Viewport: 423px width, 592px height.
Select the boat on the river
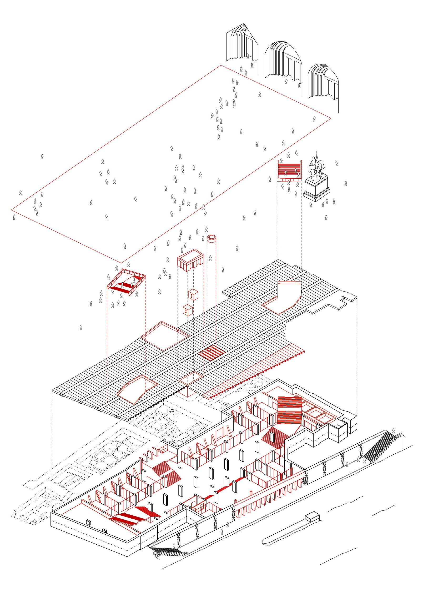click(291, 529)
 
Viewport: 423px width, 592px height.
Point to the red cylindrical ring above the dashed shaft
click(211, 238)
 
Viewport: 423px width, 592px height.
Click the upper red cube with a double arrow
click(193, 295)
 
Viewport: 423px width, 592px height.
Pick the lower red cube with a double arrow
click(187, 310)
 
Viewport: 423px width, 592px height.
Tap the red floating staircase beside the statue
click(289, 170)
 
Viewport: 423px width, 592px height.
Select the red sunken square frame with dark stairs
click(126, 282)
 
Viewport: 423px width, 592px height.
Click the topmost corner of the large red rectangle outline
click(221, 65)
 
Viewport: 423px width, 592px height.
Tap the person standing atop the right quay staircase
click(393, 431)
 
